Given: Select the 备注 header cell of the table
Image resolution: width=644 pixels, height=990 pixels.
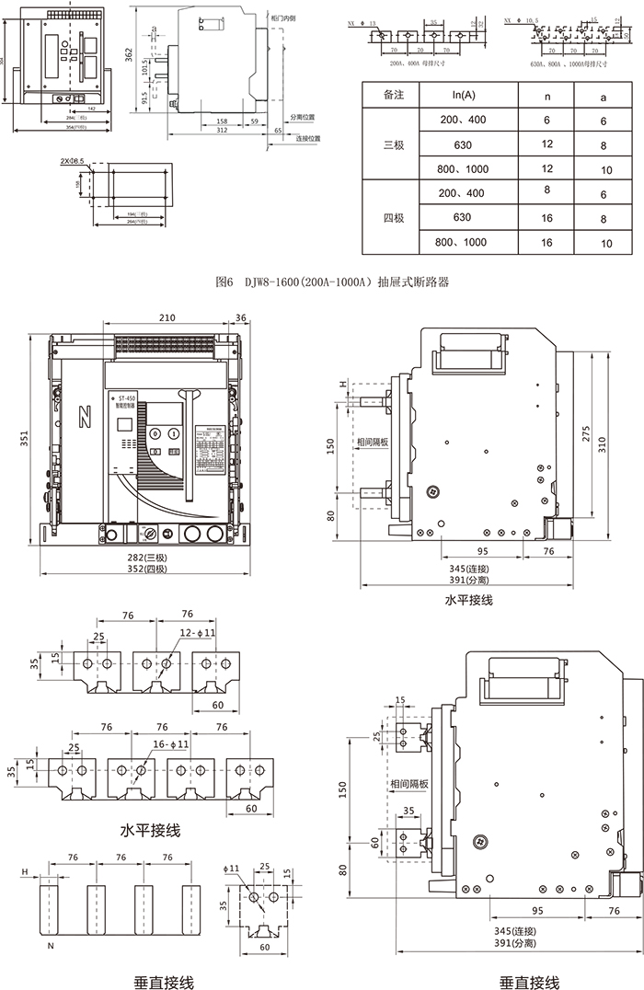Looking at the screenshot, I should point(394,95).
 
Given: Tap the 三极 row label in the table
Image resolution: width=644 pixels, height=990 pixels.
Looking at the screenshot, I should point(394,144).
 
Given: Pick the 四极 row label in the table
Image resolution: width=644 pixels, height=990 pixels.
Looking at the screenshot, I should point(394,218).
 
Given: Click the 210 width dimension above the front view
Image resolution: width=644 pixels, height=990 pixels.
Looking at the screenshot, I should point(166,318).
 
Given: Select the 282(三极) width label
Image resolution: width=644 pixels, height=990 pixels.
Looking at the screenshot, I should point(143,557).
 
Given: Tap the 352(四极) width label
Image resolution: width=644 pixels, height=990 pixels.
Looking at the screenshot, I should point(143,570).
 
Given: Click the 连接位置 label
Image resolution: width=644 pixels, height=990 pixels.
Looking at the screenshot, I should point(308,138).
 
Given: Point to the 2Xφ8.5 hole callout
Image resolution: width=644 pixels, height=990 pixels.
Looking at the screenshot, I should point(72,161).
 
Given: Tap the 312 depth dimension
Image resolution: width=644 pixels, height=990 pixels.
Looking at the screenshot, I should point(221,131).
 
